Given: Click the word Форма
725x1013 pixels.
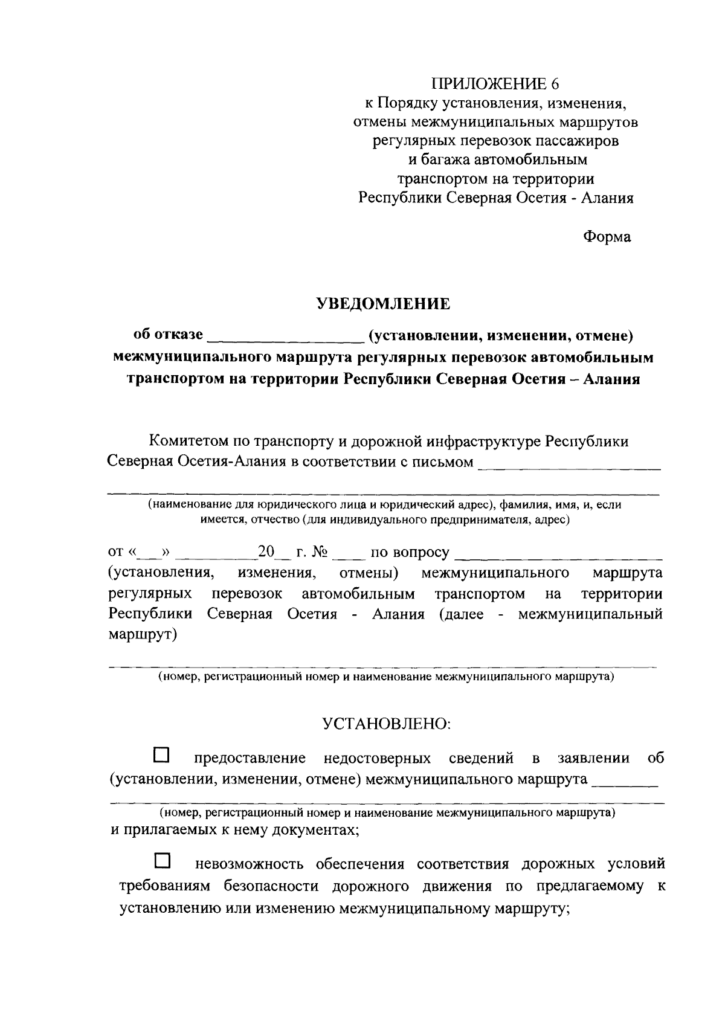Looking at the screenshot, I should point(607,237).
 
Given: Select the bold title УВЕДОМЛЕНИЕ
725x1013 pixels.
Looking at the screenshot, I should point(384,304).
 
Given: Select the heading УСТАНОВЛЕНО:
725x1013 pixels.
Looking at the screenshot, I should point(386,723).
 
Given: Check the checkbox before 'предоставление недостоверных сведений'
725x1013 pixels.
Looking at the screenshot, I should point(162,755).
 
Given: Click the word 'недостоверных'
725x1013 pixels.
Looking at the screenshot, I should point(378,759).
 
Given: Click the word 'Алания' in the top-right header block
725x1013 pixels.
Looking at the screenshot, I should point(607,198).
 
